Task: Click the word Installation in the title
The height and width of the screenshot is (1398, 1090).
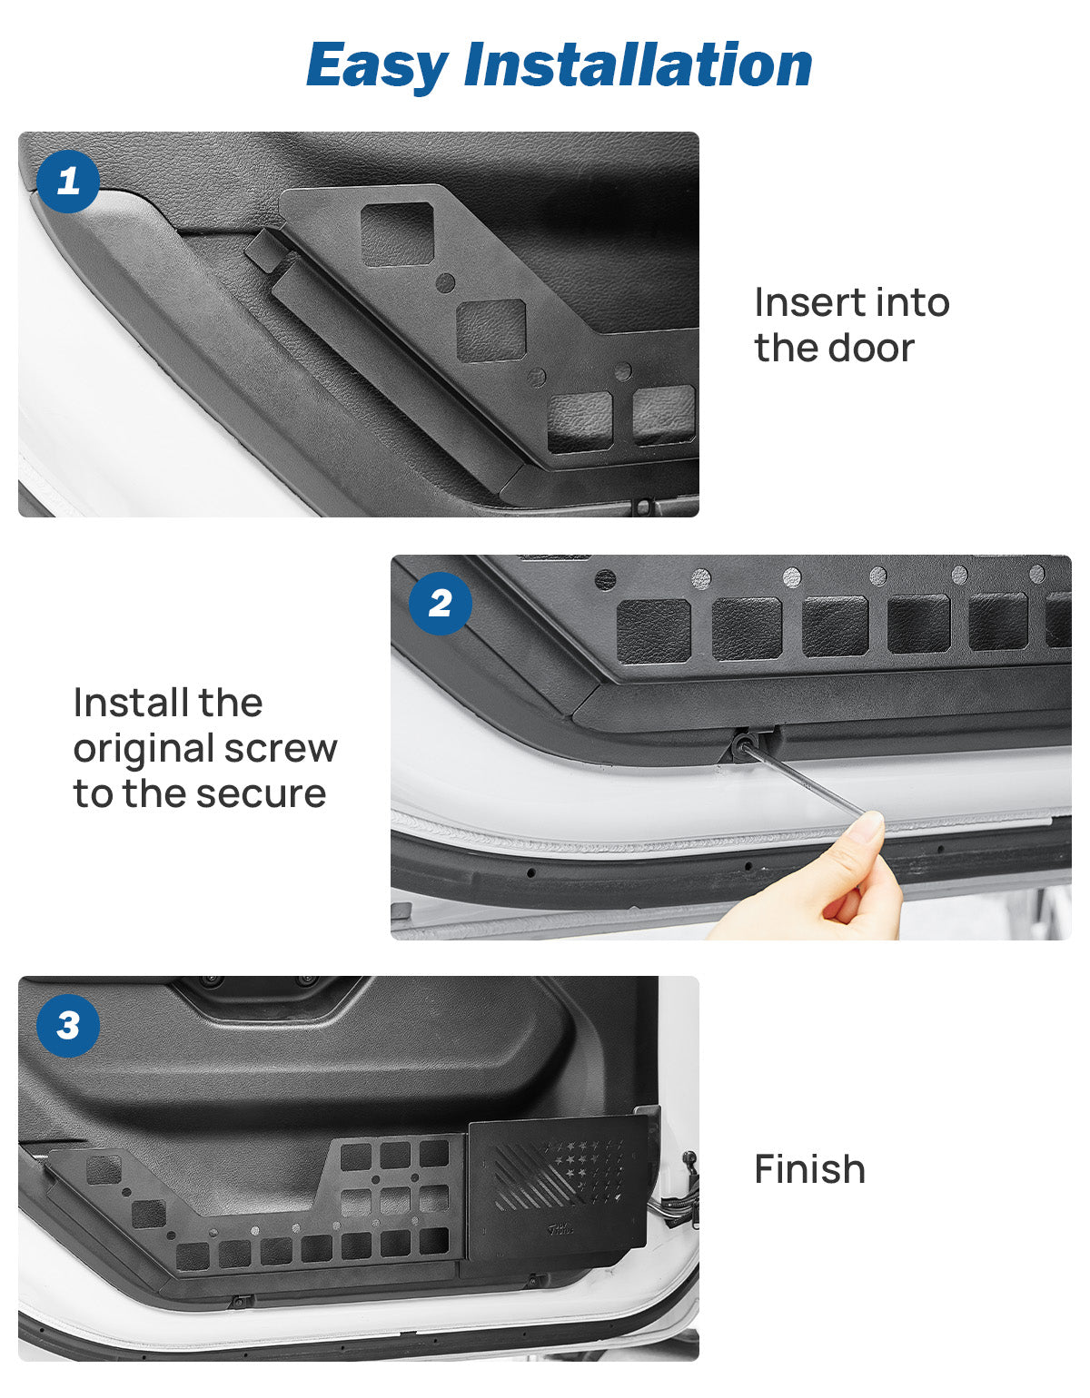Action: [638, 65]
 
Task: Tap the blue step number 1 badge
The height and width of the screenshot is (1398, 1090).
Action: [68, 182]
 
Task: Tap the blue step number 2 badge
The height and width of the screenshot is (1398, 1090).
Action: [441, 604]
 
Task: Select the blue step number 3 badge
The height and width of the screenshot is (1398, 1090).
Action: [68, 1026]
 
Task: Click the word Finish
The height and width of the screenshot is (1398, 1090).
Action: [809, 1169]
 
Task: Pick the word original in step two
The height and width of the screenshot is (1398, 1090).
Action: [143, 750]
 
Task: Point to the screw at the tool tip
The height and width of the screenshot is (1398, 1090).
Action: [742, 745]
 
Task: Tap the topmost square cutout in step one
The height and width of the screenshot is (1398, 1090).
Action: [398, 234]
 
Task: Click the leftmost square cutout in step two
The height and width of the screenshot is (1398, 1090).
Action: [654, 630]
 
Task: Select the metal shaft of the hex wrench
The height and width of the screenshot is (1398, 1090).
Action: [804, 781]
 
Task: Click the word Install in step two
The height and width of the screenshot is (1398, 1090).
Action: [168, 704]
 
